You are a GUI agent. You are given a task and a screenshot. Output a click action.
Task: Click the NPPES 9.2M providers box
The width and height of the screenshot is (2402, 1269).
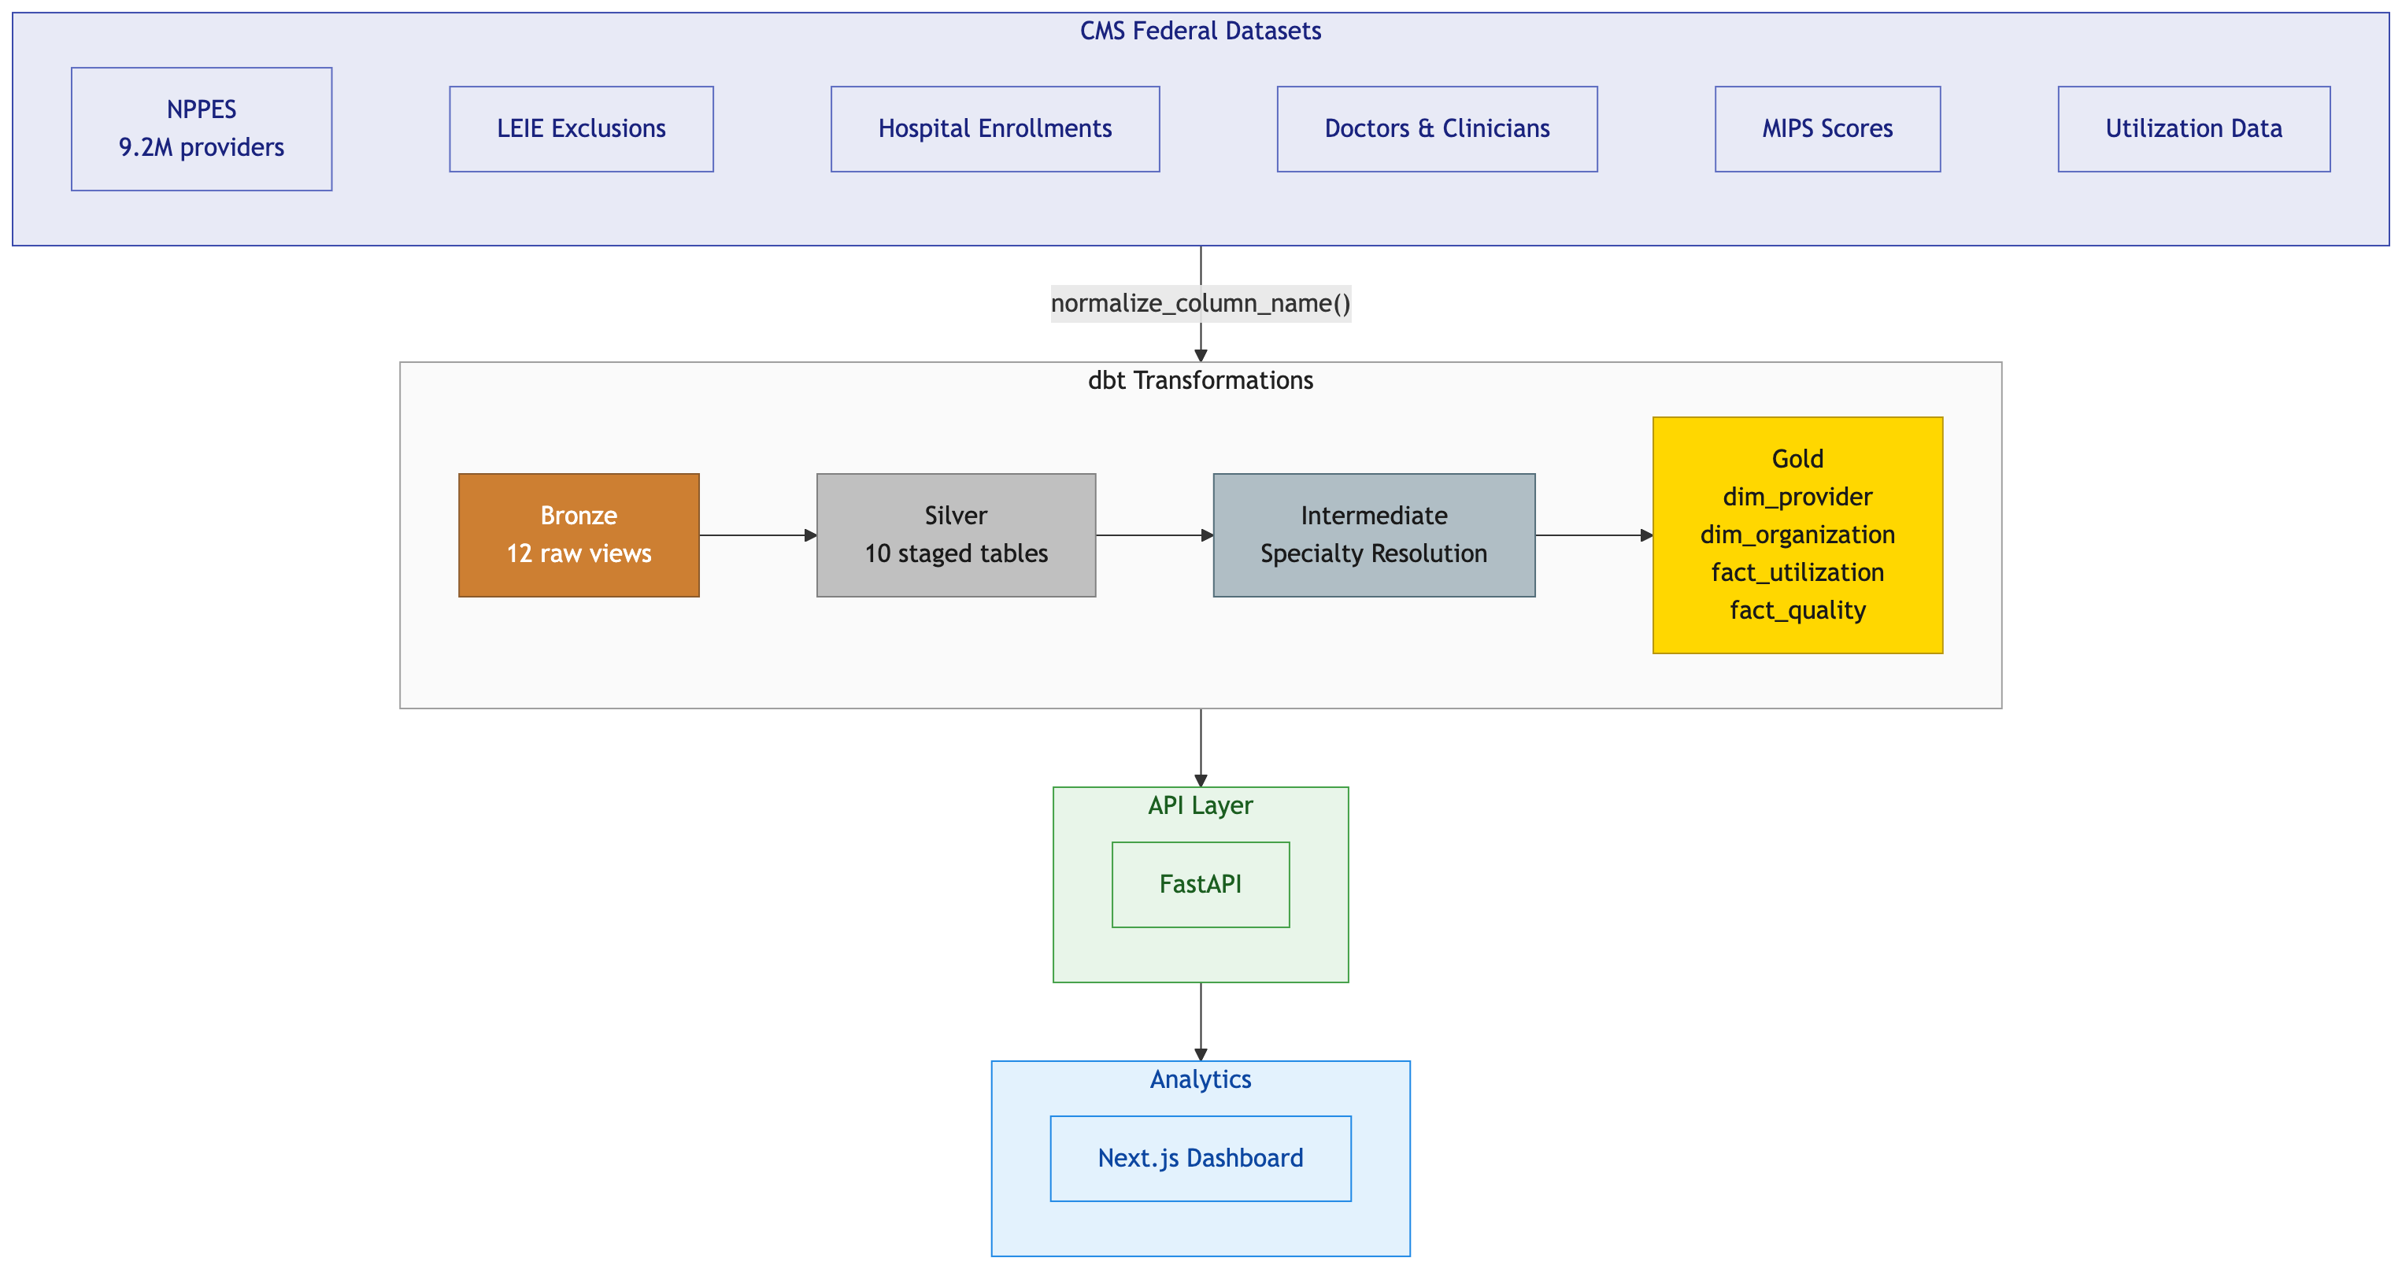point(202,128)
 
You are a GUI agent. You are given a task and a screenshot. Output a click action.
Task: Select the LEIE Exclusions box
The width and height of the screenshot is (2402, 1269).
point(581,128)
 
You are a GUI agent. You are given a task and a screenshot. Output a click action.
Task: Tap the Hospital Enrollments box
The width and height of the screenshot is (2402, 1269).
point(995,128)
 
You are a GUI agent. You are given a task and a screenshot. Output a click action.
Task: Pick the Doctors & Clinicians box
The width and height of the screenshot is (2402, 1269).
point(1437,128)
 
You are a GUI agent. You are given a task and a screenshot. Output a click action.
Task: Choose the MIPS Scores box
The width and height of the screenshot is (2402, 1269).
point(1826,128)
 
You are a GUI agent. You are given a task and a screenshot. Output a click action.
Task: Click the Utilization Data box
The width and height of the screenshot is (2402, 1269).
point(2193,128)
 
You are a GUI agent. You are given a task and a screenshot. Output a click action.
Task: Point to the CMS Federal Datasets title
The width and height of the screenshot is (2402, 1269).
point(1200,31)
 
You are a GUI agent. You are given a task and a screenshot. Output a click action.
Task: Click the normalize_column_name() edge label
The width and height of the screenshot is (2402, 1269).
point(1200,303)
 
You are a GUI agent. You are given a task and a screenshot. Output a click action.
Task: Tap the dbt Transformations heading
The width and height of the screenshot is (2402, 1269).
point(1200,380)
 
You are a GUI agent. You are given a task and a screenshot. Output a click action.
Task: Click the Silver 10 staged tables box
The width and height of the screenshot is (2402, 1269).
point(956,535)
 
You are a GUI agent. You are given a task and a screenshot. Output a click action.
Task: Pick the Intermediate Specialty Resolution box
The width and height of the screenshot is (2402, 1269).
point(1374,535)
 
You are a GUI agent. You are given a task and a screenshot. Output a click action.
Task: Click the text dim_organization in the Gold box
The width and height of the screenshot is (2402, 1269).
point(1797,535)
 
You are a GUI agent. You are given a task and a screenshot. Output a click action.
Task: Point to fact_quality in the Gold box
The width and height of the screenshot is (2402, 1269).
point(1797,610)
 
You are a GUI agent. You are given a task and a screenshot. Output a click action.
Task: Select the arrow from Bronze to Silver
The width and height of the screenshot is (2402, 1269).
point(757,535)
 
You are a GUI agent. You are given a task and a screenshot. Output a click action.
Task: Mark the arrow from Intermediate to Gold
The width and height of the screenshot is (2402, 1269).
point(1593,535)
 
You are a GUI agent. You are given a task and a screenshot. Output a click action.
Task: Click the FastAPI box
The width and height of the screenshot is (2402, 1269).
point(1200,884)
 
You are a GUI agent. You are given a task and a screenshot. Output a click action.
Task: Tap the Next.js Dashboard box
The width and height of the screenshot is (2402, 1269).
point(1200,1158)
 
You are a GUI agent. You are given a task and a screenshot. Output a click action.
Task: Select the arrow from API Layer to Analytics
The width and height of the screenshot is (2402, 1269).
point(1200,1021)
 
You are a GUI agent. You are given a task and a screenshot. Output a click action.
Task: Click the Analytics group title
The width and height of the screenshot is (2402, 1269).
point(1200,1078)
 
